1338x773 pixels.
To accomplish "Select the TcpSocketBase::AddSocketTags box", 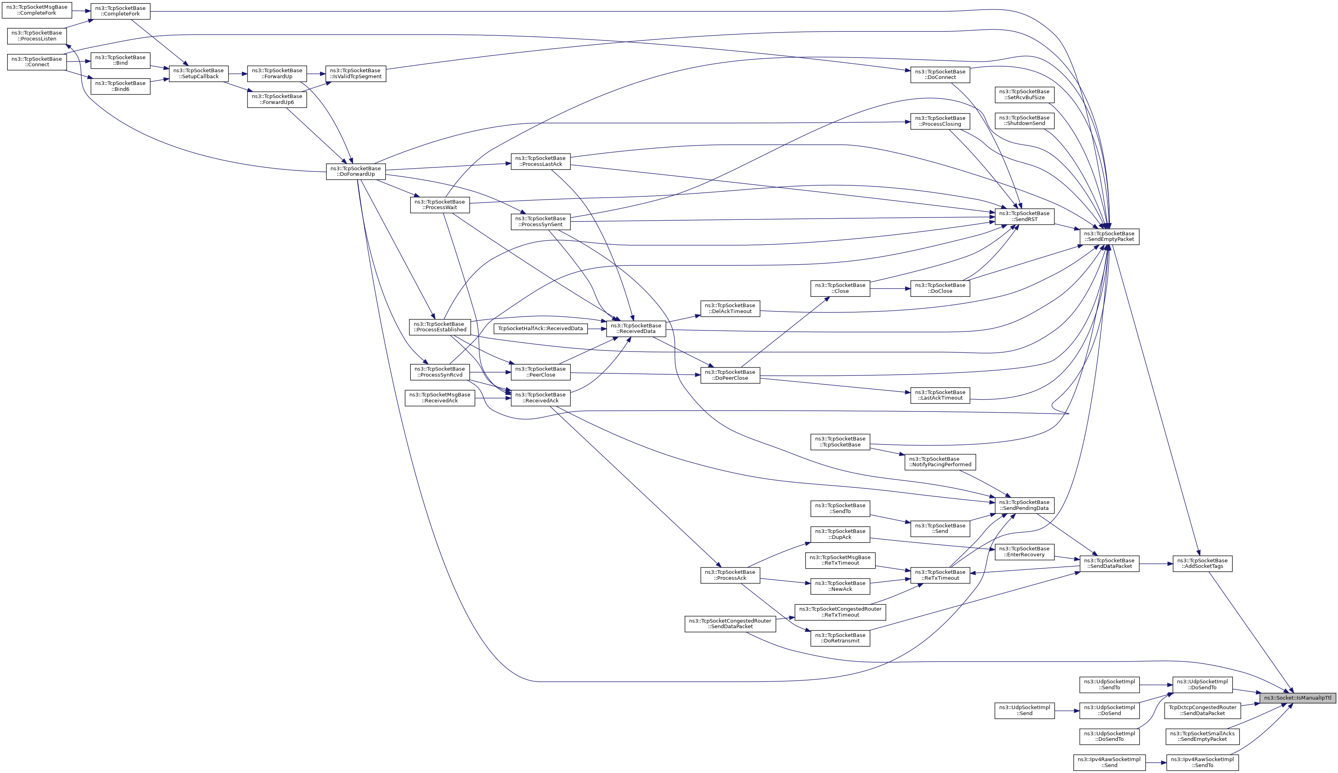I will coord(1202,563).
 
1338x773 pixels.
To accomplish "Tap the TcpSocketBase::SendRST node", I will coord(1024,216).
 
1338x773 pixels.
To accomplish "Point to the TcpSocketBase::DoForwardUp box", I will coord(355,171).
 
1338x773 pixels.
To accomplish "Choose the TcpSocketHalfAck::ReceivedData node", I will coord(540,329).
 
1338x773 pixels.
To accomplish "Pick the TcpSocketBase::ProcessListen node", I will coord(36,36).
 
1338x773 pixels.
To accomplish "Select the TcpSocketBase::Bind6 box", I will coord(121,86).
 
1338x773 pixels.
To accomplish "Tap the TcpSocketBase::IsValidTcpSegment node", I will coord(355,73).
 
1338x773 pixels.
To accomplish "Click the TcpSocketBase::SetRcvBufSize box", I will coord(1024,94).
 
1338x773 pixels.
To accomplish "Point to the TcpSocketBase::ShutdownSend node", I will coord(1024,121).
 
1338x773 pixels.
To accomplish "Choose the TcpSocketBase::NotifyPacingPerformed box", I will coord(940,462).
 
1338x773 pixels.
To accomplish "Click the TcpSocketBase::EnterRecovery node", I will coord(1024,552).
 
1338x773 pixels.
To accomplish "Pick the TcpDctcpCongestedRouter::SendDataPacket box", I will coord(1202,710).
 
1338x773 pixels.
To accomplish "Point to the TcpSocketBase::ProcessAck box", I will coord(730,575).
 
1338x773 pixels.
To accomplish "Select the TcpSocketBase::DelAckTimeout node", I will coord(730,308).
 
